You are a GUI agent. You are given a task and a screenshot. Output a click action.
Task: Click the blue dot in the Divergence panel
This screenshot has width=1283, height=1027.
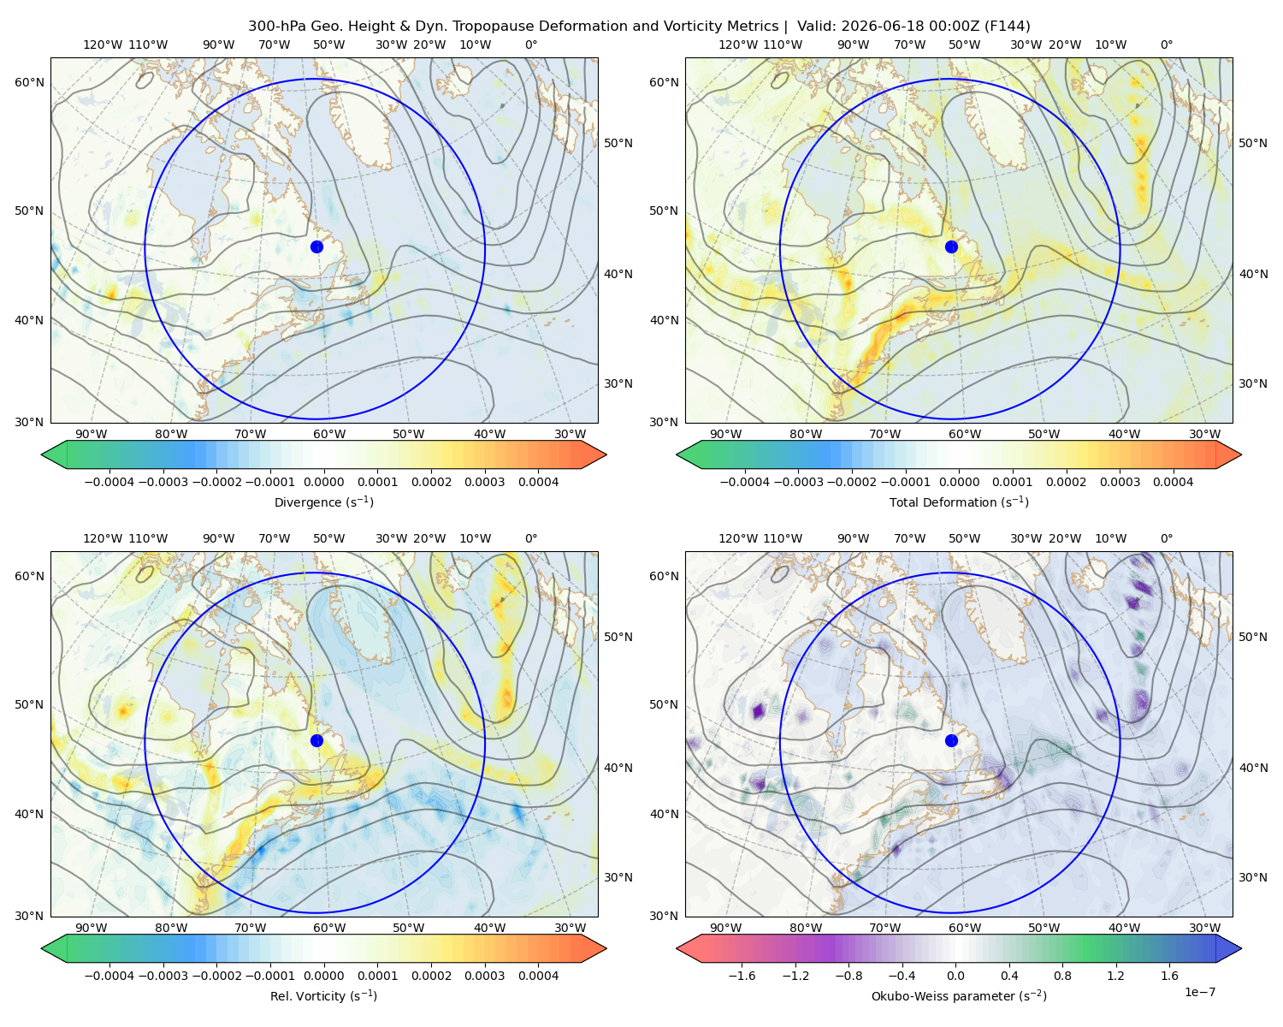[316, 247]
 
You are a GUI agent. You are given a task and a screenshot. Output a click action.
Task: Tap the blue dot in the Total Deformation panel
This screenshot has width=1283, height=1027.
[951, 247]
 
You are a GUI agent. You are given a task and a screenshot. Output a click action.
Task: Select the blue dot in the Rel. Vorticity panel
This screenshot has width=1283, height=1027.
[316, 740]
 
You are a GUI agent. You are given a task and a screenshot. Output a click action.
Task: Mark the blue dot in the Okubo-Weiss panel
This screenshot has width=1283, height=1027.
[951, 740]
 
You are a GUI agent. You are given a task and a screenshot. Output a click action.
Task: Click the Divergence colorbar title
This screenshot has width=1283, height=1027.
[323, 502]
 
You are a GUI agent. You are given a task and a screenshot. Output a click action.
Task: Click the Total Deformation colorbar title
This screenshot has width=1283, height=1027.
[959, 502]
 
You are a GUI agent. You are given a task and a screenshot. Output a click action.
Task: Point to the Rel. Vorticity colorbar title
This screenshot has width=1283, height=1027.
[323, 996]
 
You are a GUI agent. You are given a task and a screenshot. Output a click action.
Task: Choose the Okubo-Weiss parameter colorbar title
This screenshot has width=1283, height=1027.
[959, 996]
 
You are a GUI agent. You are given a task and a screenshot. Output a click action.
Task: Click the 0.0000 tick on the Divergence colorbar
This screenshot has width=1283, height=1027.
[323, 482]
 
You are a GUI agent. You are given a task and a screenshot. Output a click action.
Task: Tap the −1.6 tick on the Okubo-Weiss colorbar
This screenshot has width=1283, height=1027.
[742, 976]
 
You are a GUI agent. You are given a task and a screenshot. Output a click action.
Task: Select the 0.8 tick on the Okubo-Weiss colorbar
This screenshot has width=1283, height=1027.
[1062, 976]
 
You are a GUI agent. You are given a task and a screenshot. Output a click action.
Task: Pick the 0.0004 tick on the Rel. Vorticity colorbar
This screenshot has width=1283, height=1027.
[538, 976]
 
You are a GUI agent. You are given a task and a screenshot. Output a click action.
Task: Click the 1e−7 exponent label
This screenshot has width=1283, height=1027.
[1199, 993]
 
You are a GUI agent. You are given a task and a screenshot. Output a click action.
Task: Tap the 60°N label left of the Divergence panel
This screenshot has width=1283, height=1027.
[29, 82]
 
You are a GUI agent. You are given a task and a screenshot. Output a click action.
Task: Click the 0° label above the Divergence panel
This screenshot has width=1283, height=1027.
[531, 45]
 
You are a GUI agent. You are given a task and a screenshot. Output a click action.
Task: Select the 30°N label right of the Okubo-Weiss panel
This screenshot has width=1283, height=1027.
[1253, 877]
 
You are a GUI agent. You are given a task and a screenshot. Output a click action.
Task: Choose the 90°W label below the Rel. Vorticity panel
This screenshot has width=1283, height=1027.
[92, 928]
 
